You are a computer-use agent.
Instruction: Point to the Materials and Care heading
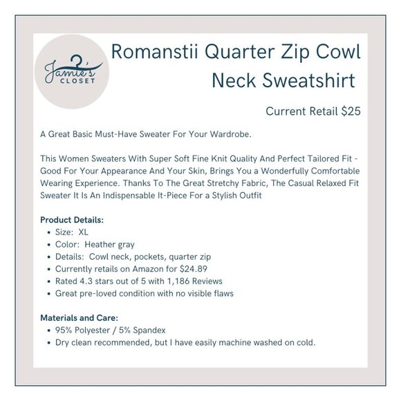click(80, 317)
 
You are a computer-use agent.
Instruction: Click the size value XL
click(83, 232)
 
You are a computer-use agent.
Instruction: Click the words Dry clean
click(72, 342)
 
